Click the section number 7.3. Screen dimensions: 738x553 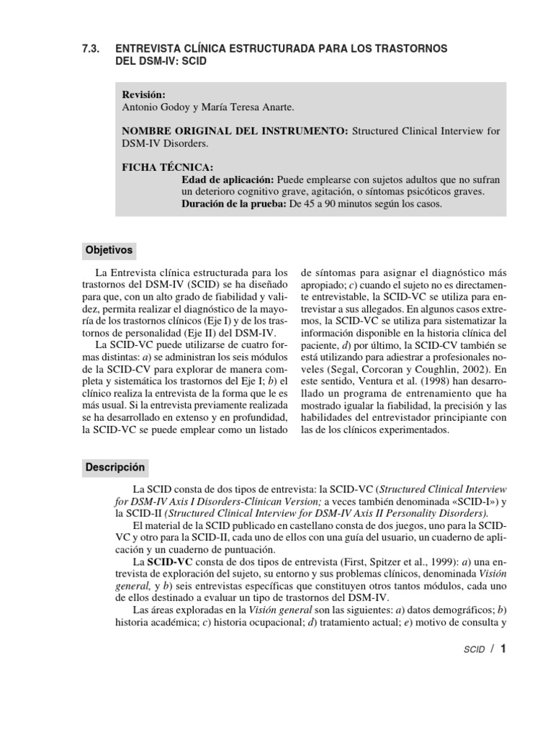coord(93,48)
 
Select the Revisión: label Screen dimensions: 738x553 coord(143,94)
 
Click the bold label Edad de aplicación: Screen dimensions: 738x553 coord(228,179)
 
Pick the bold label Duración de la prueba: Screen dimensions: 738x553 coord(233,204)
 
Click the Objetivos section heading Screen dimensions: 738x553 coord(109,250)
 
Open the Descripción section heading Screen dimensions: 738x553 coord(115,467)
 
